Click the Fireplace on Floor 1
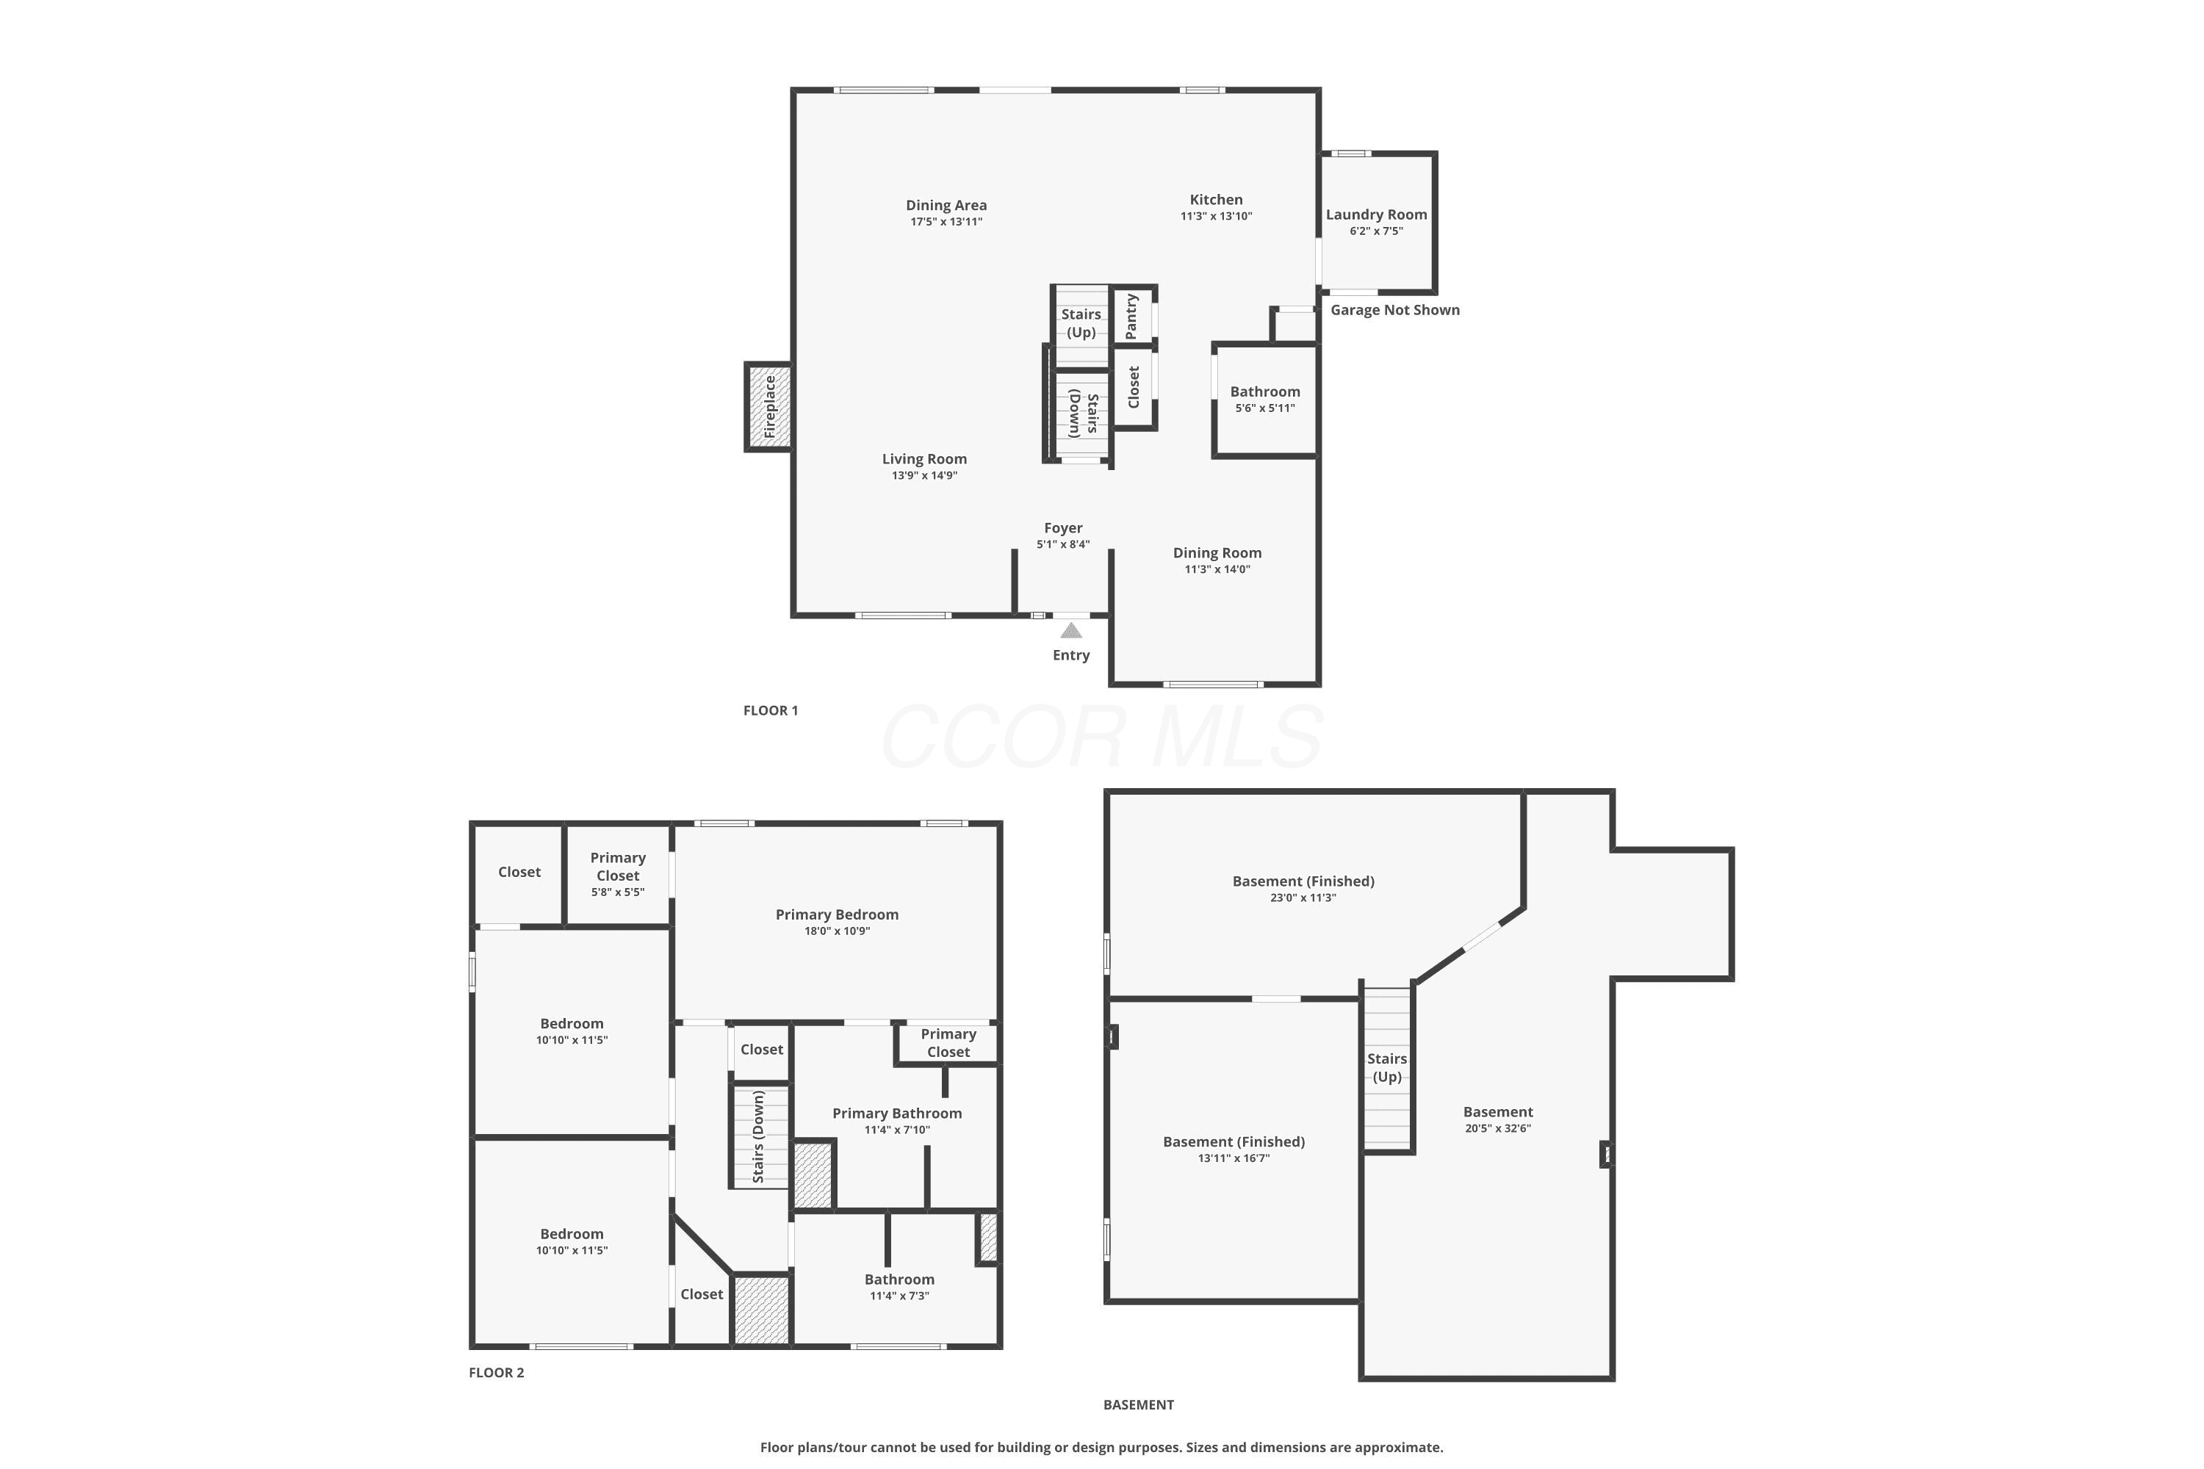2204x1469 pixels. [x=768, y=407]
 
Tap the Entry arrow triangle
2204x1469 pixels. [x=1071, y=630]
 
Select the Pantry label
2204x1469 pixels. [x=1131, y=317]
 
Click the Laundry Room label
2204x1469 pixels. [x=1377, y=214]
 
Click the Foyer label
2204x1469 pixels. [x=1064, y=528]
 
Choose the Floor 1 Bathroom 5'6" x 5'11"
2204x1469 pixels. [x=1265, y=400]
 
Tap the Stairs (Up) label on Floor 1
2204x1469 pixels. [x=1081, y=323]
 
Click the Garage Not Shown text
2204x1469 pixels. [x=1395, y=310]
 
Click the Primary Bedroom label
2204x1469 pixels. [x=837, y=914]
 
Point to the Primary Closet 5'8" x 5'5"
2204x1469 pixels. [x=619, y=874]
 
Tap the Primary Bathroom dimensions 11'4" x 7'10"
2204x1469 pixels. [x=897, y=1130]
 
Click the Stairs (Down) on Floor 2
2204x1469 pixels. [x=760, y=1136]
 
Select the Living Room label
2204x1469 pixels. [x=925, y=459]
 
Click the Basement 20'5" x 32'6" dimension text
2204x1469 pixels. [x=1499, y=1128]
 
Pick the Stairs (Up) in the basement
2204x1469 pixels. [x=1387, y=1068]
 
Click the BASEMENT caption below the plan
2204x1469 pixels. [x=1139, y=1404]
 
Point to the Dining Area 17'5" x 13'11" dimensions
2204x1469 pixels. [x=946, y=222]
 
